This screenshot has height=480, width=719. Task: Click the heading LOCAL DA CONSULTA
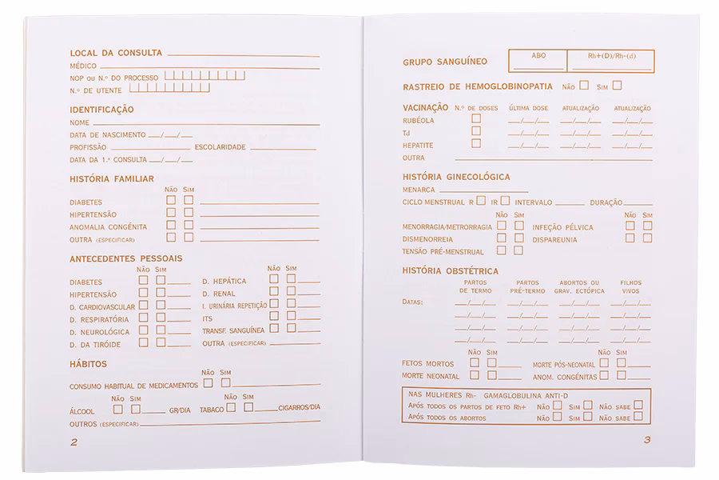tap(116, 53)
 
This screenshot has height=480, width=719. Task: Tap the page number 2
tap(73, 442)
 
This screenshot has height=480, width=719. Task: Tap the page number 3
tap(647, 439)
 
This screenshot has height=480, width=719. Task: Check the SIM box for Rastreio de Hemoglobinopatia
tap(617, 85)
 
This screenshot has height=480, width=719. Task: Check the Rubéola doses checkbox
tap(476, 118)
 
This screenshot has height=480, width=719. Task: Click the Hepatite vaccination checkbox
tap(476, 144)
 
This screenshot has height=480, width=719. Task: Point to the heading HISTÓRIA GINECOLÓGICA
tap(456, 176)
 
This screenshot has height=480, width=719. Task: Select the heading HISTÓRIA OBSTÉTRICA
tap(451, 271)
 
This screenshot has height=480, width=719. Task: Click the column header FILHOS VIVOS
tap(630, 286)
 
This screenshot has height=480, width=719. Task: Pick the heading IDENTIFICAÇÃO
tap(101, 109)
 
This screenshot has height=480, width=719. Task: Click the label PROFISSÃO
tap(88, 147)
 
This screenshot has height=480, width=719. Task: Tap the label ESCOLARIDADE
tap(220, 147)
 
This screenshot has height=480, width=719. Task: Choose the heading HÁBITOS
tap(89, 363)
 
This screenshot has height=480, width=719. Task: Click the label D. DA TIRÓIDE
tap(95, 344)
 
